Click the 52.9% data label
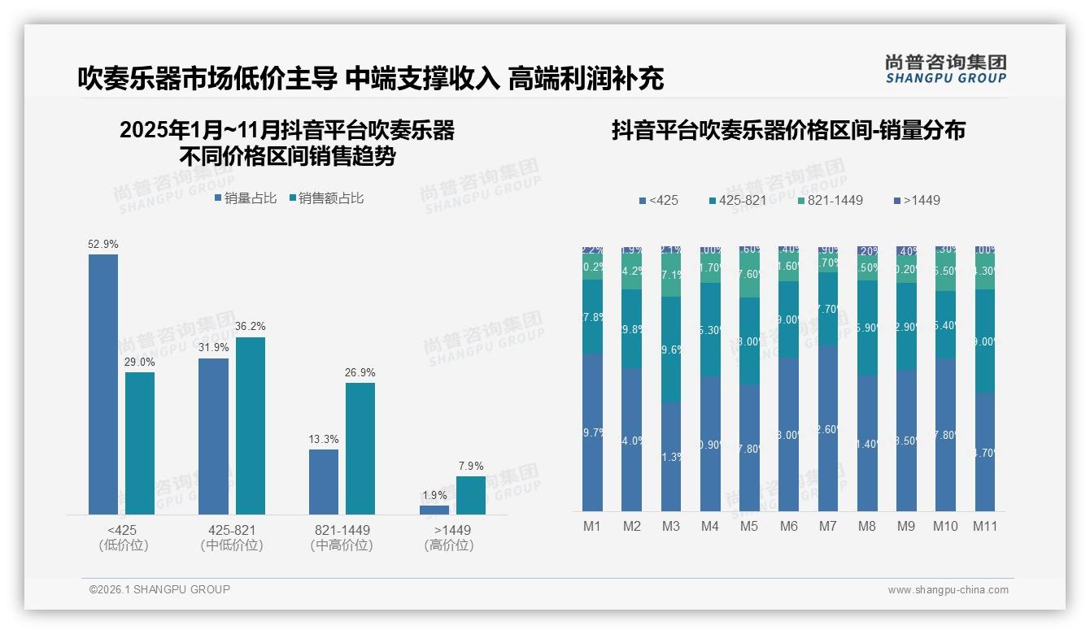tap(103, 244)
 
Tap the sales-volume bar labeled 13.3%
tap(323, 481)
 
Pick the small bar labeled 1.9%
tap(434, 510)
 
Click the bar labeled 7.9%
tap(470, 495)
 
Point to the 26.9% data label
tap(360, 372)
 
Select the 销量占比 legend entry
tap(246, 198)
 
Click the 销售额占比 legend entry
tap(326, 198)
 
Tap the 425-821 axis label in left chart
tap(232, 530)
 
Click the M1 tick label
tap(592, 526)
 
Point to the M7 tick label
tap(827, 526)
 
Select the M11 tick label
tap(984, 526)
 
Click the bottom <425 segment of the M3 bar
tap(670, 456)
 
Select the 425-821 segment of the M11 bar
tap(984, 341)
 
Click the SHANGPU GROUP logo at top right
tap(945, 69)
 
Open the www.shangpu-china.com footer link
tap(948, 590)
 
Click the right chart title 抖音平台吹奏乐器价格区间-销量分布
tap(787, 131)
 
